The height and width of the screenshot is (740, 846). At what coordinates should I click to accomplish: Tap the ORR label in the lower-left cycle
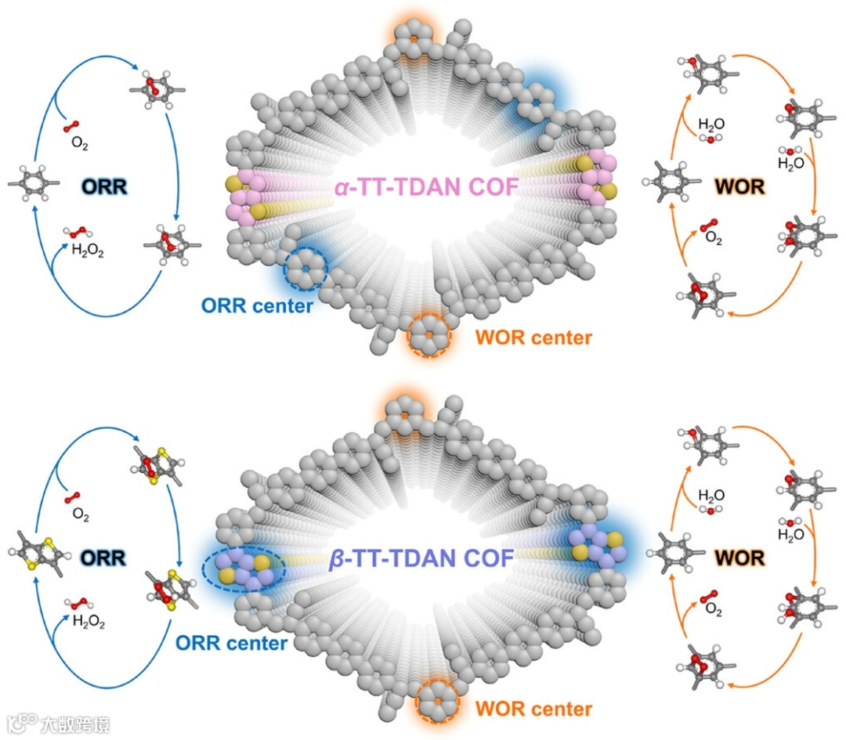click(104, 558)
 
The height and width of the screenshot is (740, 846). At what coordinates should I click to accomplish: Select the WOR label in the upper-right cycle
click(739, 188)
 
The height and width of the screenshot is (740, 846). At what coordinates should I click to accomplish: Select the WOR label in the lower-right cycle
click(739, 558)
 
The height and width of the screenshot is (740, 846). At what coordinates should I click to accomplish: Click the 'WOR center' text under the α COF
click(533, 338)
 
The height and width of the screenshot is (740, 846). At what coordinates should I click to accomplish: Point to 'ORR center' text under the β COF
click(230, 643)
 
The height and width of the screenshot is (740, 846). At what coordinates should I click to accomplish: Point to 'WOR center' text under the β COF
click(533, 709)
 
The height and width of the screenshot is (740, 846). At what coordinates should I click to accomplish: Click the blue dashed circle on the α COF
click(304, 269)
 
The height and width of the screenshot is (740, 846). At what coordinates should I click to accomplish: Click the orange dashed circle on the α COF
click(430, 335)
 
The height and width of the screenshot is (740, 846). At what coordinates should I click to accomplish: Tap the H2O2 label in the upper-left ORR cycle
click(88, 251)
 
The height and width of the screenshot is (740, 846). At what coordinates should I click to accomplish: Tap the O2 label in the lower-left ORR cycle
click(80, 514)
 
